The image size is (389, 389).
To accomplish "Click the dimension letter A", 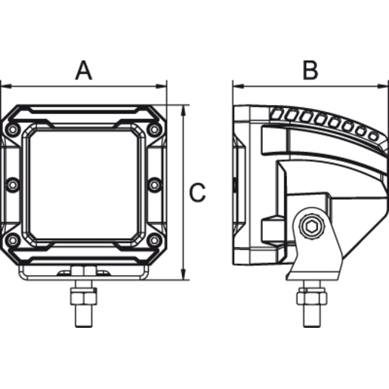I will point(84,70).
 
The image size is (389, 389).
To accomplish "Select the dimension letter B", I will point(310,70).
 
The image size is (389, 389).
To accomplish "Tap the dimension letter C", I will point(197,193).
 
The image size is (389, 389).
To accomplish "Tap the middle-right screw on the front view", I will point(155,184).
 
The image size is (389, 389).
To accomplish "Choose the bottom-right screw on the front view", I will point(155,240).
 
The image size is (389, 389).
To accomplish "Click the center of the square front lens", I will point(84,184).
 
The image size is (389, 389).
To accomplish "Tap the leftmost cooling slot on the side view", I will point(277,114).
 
